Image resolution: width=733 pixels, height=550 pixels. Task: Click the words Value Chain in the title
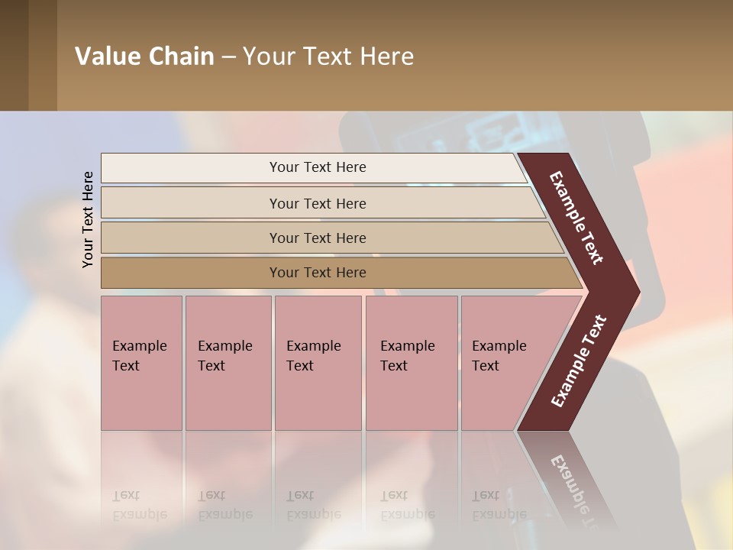tap(144, 57)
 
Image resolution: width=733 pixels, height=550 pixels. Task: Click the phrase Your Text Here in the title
tap(328, 57)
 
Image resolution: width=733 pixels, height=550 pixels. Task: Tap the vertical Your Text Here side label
tap(88, 219)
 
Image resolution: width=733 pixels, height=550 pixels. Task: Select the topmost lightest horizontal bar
tap(317, 167)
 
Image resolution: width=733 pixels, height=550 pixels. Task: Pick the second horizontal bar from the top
tap(317, 203)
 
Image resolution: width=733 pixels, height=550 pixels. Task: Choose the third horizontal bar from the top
tap(317, 238)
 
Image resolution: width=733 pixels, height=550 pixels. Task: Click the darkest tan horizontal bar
tap(317, 273)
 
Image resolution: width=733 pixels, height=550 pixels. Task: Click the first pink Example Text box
tap(141, 362)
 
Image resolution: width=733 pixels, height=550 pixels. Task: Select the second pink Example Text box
tap(228, 362)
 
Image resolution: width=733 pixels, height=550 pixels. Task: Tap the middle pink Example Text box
tap(318, 362)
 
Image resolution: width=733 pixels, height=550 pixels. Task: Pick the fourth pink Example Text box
tap(412, 362)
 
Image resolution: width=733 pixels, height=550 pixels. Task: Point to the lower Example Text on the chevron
tap(579, 361)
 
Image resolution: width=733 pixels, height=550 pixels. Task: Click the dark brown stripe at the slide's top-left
tap(14, 55)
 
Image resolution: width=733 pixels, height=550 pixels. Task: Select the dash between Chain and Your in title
tap(228, 57)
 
